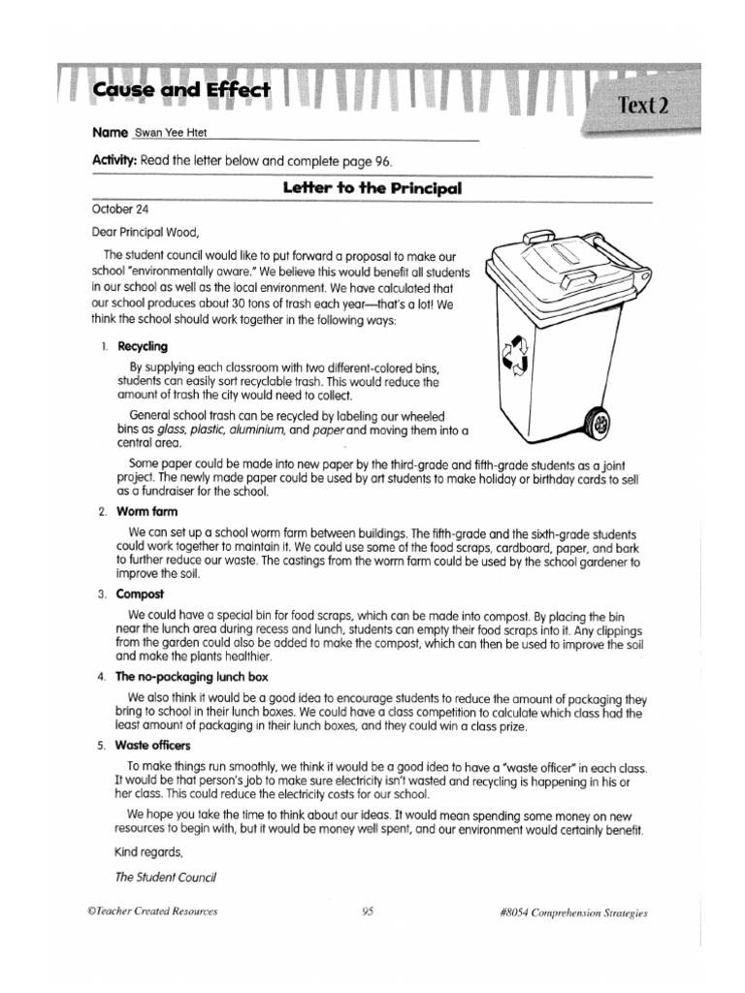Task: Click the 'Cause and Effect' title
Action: coord(182,91)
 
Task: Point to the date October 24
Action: coord(120,208)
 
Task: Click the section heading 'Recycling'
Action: coord(143,346)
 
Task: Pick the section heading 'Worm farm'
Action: coord(146,511)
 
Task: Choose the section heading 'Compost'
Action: coord(141,593)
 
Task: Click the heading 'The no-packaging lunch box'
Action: coord(191,677)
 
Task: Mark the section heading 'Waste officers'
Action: coord(152,745)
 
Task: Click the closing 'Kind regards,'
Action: coord(147,852)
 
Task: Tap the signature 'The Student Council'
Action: coord(165,877)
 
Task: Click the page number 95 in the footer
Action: coord(368,912)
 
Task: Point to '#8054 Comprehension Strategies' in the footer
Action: coord(569,913)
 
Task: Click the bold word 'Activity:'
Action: coord(114,160)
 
